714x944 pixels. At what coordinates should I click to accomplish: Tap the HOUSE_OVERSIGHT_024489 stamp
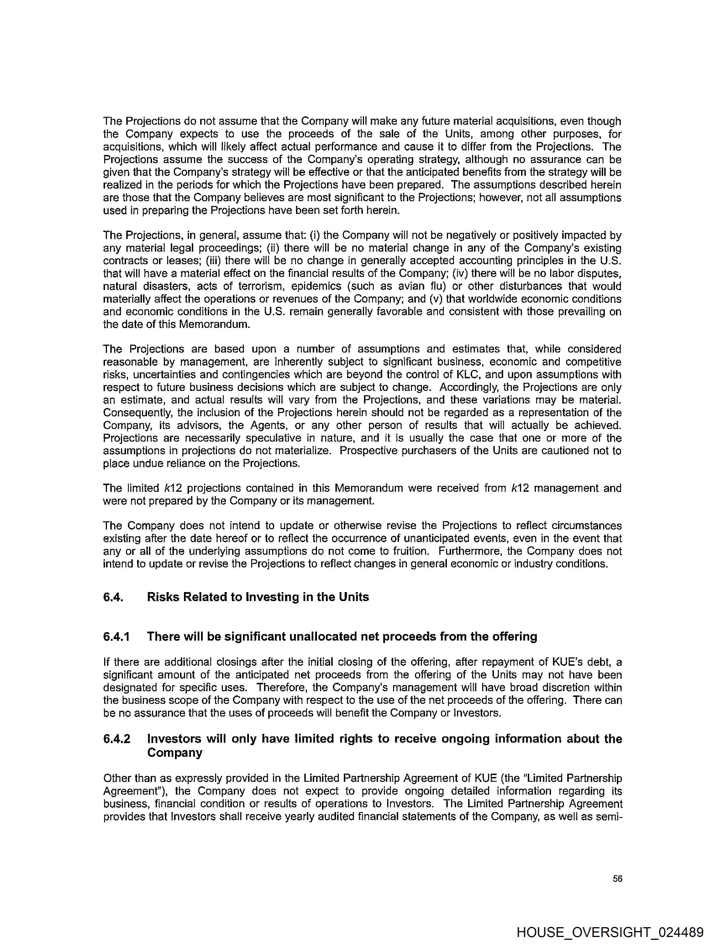610,932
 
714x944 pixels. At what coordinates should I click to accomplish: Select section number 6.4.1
116,637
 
